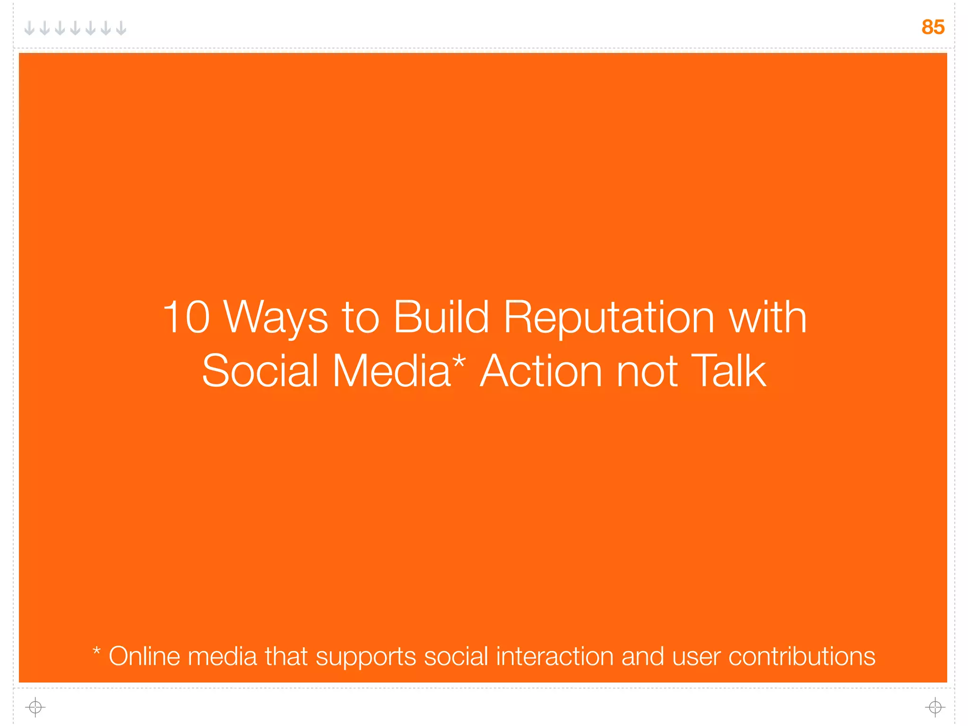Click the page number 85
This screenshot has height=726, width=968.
(x=933, y=27)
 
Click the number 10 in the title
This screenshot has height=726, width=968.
(x=186, y=318)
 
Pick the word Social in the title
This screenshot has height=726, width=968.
(x=260, y=371)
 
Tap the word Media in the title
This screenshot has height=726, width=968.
(x=391, y=371)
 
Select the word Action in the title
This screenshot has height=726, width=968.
(x=541, y=371)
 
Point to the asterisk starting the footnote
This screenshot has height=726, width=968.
(x=96, y=652)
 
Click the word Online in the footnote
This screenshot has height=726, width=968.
(x=145, y=657)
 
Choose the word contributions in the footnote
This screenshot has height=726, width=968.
(x=802, y=657)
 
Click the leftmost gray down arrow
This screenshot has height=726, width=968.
(x=29, y=28)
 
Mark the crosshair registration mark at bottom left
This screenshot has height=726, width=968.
(x=35, y=707)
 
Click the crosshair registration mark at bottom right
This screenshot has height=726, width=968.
(x=935, y=707)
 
